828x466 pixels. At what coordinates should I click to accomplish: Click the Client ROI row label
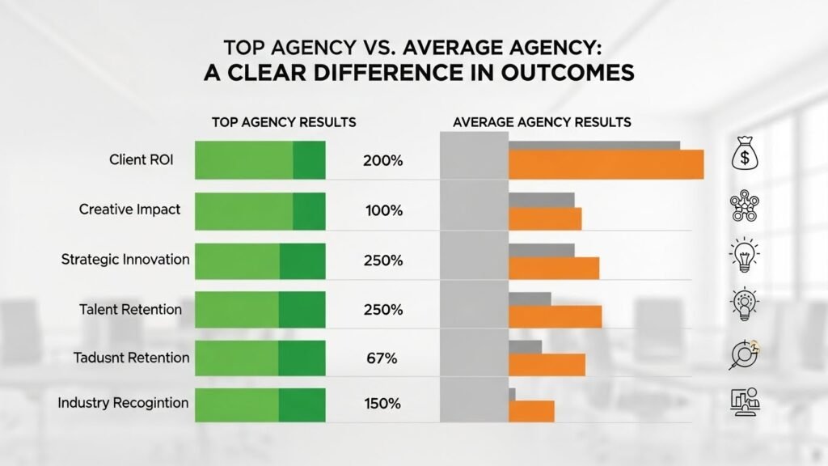coord(141,160)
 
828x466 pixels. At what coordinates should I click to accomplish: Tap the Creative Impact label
coord(129,210)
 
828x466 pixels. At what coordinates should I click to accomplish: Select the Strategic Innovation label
coord(125,260)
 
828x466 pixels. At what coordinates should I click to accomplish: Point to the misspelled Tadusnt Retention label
coord(131,358)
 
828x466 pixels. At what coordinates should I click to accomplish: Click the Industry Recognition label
coord(123,402)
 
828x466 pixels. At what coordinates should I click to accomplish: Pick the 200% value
coord(383,161)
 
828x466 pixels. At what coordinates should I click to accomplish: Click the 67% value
coord(380,358)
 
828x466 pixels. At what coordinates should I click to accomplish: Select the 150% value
coord(383,403)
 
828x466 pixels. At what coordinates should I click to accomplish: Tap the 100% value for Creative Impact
coord(383,210)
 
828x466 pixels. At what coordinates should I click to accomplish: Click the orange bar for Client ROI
coord(605,165)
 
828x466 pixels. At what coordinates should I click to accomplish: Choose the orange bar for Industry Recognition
coord(530,412)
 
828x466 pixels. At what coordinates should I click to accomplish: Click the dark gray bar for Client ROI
coord(594,146)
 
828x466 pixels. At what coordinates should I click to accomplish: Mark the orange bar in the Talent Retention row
coord(555,317)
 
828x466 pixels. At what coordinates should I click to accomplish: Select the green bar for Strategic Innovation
coord(260,261)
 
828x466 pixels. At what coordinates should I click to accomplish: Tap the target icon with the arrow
coord(742,354)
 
